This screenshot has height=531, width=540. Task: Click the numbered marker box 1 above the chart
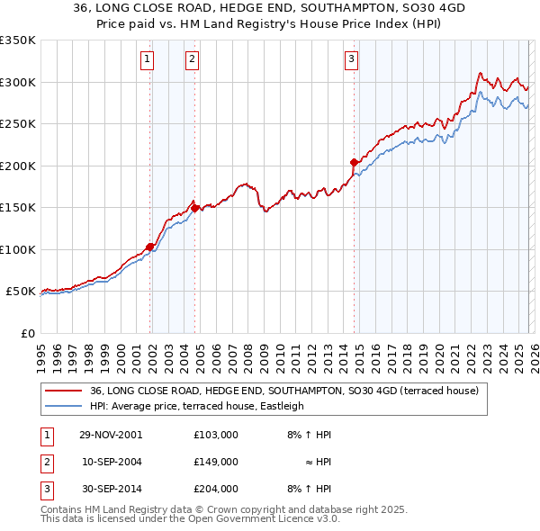[147, 60]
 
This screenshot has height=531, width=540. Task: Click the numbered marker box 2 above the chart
[192, 60]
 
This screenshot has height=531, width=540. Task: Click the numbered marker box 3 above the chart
[350, 60]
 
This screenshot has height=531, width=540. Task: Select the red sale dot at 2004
[194, 208]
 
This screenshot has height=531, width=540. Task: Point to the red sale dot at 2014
[355, 162]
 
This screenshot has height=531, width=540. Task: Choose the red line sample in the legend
[64, 391]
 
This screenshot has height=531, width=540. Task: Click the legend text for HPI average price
[197, 406]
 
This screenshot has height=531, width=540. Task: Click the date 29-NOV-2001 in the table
[112, 434]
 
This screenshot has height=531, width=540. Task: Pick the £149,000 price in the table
[215, 462]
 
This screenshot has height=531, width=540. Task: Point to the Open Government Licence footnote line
[191, 518]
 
